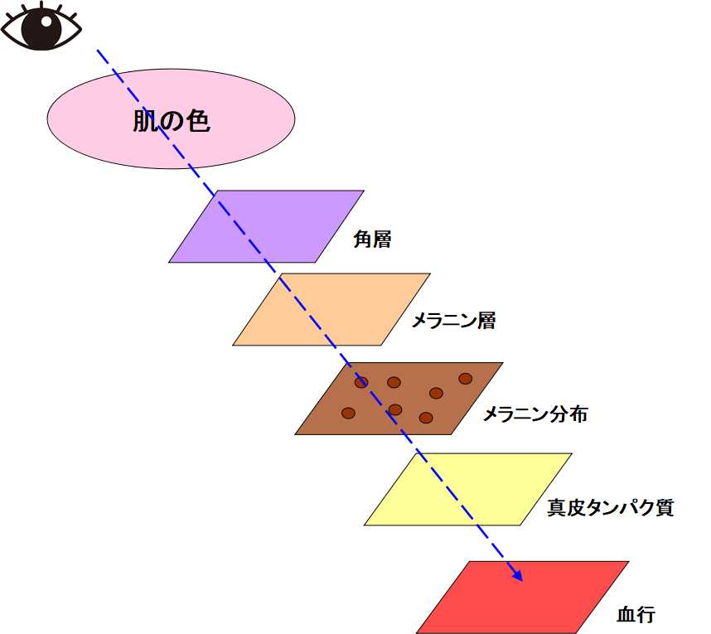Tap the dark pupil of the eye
click(x=41, y=27)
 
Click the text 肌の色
click(x=172, y=122)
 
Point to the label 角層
click(x=372, y=240)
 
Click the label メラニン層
click(x=453, y=321)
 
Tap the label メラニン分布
click(x=534, y=414)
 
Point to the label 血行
click(x=636, y=615)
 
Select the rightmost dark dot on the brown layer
click(x=465, y=379)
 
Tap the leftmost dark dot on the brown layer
click(x=348, y=413)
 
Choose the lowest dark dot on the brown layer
click(x=426, y=418)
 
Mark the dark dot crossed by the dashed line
click(x=361, y=383)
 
